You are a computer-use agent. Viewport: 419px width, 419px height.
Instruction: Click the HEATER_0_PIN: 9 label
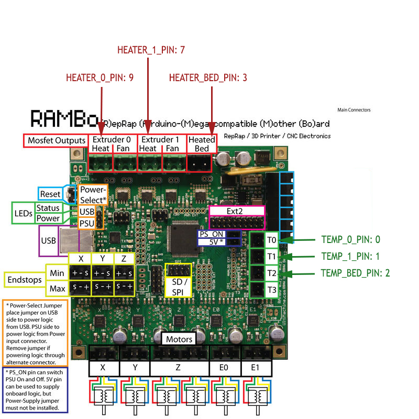(x=100, y=78)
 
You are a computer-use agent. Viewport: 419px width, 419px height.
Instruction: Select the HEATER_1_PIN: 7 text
(x=151, y=50)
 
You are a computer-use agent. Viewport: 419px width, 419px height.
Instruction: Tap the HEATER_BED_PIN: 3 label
(x=208, y=78)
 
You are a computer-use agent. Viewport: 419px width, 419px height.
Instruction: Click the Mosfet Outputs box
(x=56, y=140)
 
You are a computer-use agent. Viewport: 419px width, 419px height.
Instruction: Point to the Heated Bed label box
(x=202, y=144)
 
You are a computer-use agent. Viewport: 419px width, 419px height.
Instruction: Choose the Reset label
(x=51, y=194)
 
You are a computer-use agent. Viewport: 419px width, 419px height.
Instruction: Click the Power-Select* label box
(x=93, y=195)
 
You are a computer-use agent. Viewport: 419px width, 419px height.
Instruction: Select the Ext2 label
(x=237, y=211)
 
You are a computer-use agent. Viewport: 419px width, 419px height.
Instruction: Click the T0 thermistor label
(x=271, y=240)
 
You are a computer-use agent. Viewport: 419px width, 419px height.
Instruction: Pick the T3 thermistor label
(x=271, y=290)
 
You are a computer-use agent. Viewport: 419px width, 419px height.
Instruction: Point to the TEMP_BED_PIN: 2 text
(x=355, y=272)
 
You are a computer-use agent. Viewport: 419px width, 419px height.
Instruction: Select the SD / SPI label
(x=179, y=287)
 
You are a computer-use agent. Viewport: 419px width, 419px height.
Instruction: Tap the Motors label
(x=179, y=339)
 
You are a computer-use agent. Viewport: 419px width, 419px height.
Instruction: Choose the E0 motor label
(x=225, y=368)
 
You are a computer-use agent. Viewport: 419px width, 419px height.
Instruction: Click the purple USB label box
(x=49, y=241)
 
